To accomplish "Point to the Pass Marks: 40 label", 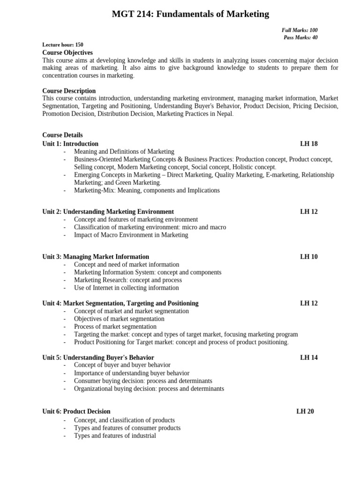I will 300,37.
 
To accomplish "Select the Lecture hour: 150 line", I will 63,45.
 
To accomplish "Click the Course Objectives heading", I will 67,53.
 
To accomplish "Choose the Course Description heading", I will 69,91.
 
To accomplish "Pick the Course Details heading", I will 62,135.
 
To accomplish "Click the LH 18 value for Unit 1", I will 309,144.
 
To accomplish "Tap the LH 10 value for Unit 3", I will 309,257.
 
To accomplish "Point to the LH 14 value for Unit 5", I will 309,358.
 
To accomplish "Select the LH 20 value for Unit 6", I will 305,412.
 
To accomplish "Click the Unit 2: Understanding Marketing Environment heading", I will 108,212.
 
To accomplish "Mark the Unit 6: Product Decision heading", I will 76,412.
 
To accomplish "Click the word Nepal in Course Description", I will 222,114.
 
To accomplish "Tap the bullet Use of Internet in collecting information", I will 126,288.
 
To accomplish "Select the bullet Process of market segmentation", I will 115,327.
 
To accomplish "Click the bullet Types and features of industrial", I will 115,436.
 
